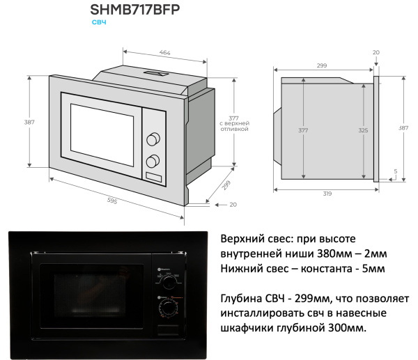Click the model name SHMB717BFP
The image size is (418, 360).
pos(139,10)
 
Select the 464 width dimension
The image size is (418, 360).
pos(164,53)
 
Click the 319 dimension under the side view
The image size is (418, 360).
pos(327,194)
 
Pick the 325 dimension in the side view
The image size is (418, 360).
pos(362,130)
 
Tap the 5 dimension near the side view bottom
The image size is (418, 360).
pos(394,171)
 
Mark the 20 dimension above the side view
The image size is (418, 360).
pos(376,52)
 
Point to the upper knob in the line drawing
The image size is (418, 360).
pos(152,139)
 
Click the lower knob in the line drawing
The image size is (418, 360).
pos(152,162)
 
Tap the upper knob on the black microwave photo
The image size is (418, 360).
pos(167,281)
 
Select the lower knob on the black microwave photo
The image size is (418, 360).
pos(167,307)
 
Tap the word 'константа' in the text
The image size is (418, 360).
pos(325,268)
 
